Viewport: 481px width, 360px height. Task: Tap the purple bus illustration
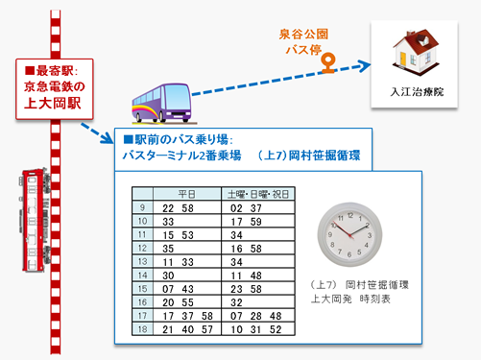[157, 99]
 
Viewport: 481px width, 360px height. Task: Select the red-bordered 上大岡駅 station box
[57, 84]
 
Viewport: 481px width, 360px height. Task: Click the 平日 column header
[187, 192]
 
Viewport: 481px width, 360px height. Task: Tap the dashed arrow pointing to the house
[278, 80]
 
